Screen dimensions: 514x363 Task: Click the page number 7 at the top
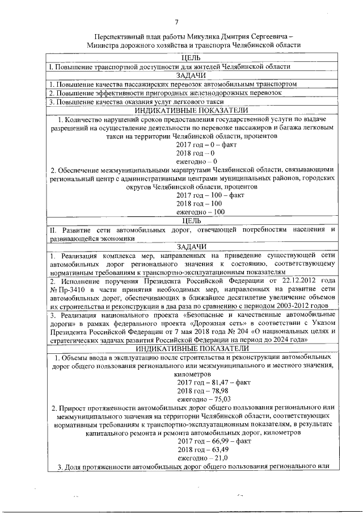pyautogui.click(x=177, y=22)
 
